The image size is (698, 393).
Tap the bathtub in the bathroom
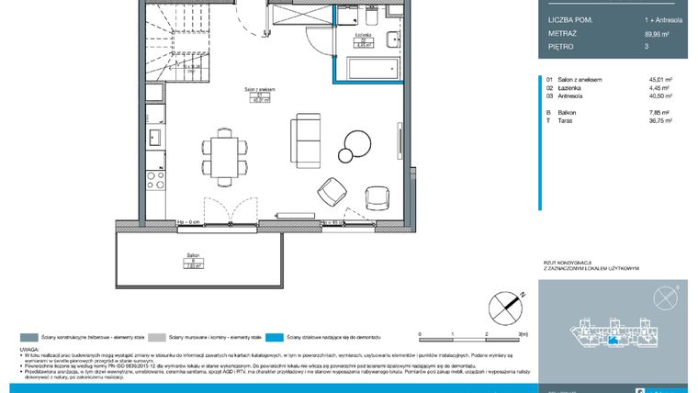pyautogui.click(x=372, y=70)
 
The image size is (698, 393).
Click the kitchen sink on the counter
pyautogui.click(x=155, y=138)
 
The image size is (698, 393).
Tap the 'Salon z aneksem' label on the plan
pyautogui.click(x=260, y=89)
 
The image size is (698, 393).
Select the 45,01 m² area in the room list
pyautogui.click(x=659, y=80)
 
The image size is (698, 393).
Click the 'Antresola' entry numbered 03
pyautogui.click(x=573, y=95)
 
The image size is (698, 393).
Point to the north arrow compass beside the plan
pyautogui.click(x=503, y=303)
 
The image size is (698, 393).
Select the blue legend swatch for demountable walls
pyautogui.click(x=278, y=337)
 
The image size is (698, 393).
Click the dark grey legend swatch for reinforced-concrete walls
pyautogui.click(x=27, y=337)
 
